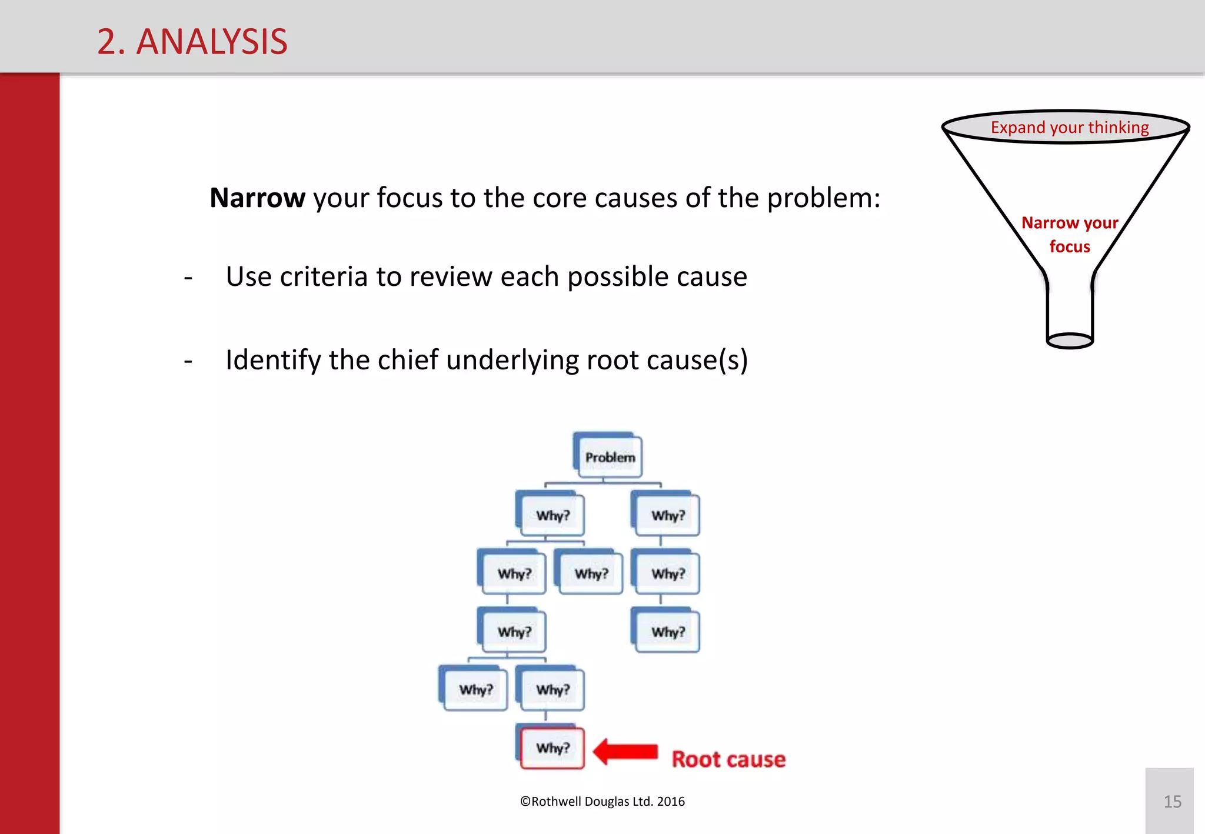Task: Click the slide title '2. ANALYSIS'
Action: pyautogui.click(x=192, y=42)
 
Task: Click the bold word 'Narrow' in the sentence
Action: pyautogui.click(x=257, y=198)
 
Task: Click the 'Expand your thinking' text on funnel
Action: pyautogui.click(x=1069, y=127)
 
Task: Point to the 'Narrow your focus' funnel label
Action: pyautogui.click(x=1069, y=234)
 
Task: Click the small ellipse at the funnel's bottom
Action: pyautogui.click(x=1070, y=341)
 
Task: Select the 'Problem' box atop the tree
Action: pyautogui.click(x=610, y=457)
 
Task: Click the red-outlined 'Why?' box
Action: pyautogui.click(x=552, y=748)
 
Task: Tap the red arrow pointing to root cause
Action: pyautogui.click(x=625, y=752)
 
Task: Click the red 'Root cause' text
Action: pyautogui.click(x=728, y=759)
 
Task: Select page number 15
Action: pyautogui.click(x=1172, y=802)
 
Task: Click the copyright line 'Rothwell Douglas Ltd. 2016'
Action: pyautogui.click(x=602, y=802)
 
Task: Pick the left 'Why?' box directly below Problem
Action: pyautogui.click(x=552, y=515)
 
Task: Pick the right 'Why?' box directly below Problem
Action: pyautogui.click(x=668, y=515)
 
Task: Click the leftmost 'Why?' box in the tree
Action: pyautogui.click(x=475, y=689)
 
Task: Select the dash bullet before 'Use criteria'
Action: pyautogui.click(x=188, y=277)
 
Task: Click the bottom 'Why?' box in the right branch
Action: pyautogui.click(x=668, y=632)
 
